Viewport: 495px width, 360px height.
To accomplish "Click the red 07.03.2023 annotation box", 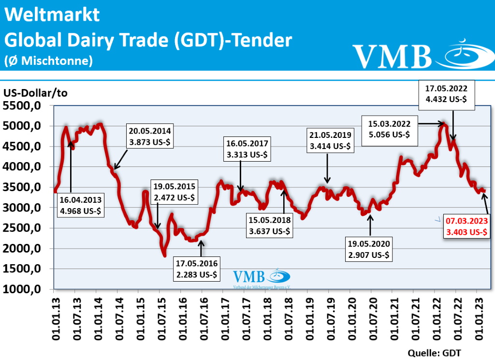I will click(467, 226).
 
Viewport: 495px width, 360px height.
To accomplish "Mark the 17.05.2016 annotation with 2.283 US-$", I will click(197, 269).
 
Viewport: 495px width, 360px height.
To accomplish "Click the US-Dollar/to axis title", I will click(35, 93).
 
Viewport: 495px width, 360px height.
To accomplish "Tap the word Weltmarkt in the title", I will click(52, 15).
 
